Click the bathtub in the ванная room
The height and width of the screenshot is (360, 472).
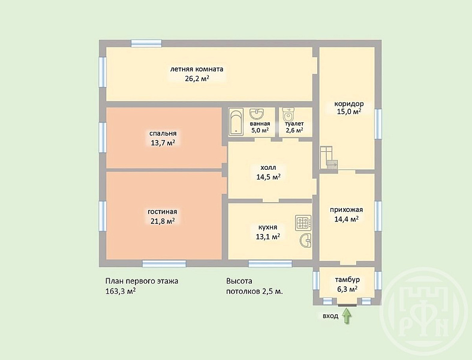pos(236,122)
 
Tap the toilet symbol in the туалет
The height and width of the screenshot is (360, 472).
pos(288,115)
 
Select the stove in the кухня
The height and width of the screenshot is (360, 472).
pos(303,223)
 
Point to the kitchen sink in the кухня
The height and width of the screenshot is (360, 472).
pos(305,241)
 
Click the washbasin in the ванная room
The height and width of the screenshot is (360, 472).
pos(257,114)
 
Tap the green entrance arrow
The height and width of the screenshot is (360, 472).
pos(347,316)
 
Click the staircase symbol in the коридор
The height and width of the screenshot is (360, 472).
pos(329,158)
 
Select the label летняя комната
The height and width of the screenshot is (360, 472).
pos(197,69)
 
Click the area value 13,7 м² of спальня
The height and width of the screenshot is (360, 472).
pos(164,142)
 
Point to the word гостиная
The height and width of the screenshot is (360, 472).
pos(163,212)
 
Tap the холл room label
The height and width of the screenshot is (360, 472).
pos(268,167)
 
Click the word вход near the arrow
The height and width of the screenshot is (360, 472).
pos(330,316)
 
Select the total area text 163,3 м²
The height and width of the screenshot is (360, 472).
pos(121,292)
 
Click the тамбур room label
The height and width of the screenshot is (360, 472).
pos(347,280)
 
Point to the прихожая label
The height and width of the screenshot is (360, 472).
pos(346,209)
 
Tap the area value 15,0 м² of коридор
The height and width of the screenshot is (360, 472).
pos(349,112)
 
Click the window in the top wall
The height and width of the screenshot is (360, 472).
pos(146,43)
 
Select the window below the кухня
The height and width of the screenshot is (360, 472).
pos(270,264)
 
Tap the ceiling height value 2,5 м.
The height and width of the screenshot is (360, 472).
pos(273,292)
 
